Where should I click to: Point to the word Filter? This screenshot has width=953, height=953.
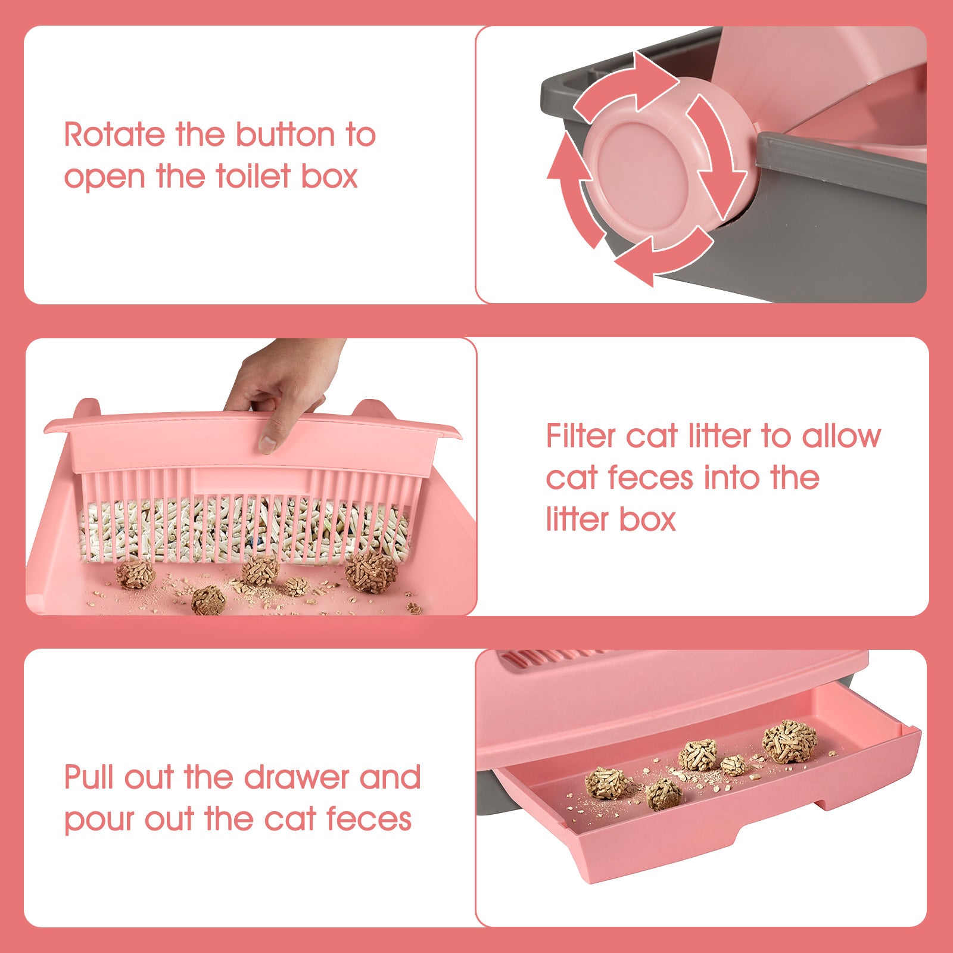[x=581, y=436]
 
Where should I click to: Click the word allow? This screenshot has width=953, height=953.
[x=841, y=436]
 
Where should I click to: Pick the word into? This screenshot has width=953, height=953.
[x=730, y=478]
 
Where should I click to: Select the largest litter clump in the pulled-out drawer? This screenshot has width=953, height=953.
[x=789, y=741]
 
